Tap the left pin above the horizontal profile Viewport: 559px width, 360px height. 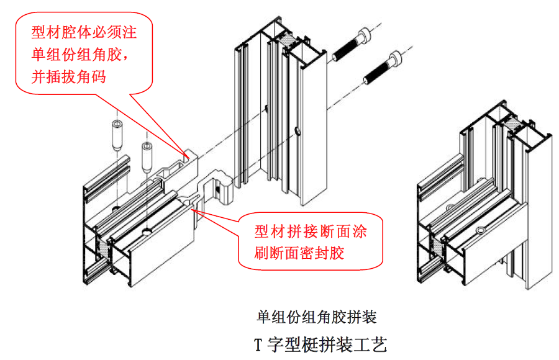pyautogui.click(x=117, y=135)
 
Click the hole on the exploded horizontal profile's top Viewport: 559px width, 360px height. pyautogui.click(x=147, y=232)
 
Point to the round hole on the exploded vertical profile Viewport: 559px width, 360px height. pyautogui.click(x=299, y=132)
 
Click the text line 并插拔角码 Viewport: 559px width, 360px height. pyautogui.click(x=70, y=78)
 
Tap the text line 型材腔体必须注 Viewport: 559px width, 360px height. pyautogui.click(x=83, y=31)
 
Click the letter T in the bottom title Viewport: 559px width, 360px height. pyautogui.click(x=258, y=344)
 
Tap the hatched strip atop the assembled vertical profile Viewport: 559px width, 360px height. pyautogui.click(x=512, y=125)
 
